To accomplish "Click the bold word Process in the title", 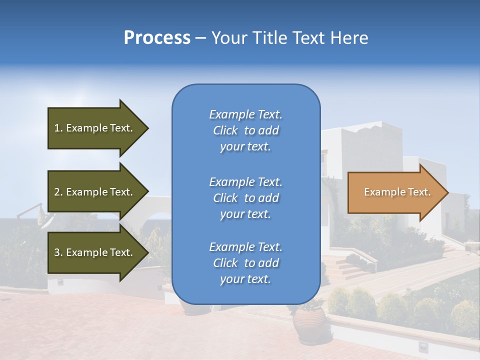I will pyautogui.click(x=157, y=38).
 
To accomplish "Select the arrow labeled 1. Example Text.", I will pyautogui.click(x=95, y=128).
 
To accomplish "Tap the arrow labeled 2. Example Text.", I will pyautogui.click(x=95, y=192).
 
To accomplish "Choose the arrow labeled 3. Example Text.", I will pyautogui.click(x=95, y=252).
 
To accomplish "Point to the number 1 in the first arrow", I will pyautogui.click(x=57, y=128).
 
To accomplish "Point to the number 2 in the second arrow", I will pyautogui.click(x=57, y=192).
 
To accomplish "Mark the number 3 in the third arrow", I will pyautogui.click(x=57, y=252).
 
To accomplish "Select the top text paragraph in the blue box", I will pyautogui.click(x=245, y=130).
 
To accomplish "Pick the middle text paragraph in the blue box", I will pyautogui.click(x=245, y=198).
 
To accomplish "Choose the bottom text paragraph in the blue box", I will pyautogui.click(x=245, y=263).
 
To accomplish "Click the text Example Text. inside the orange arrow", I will pyautogui.click(x=397, y=192).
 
